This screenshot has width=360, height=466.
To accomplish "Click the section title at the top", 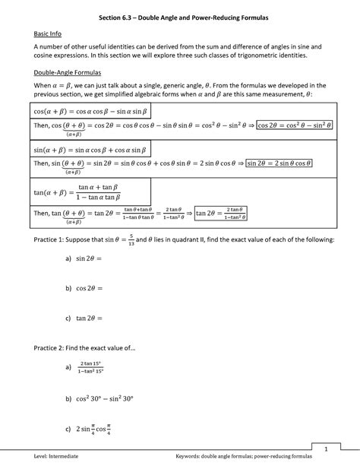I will pyautogui.click(x=179, y=16).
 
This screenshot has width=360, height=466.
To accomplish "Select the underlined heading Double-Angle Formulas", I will pyautogui.click(x=65, y=73).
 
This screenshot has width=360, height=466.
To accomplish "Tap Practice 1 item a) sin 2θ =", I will pyautogui.click(x=83, y=258).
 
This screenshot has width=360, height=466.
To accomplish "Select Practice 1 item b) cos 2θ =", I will pyautogui.click(x=84, y=288).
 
